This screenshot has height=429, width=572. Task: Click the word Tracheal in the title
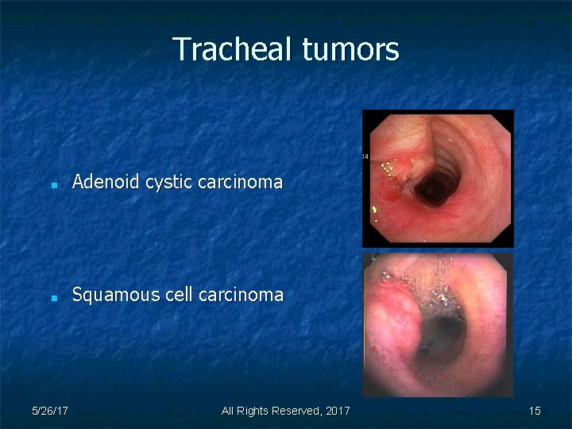click(x=234, y=49)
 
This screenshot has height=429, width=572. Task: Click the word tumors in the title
click(x=351, y=49)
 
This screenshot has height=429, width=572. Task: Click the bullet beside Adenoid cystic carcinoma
click(x=52, y=184)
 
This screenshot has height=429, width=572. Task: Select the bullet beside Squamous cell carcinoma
click(x=52, y=297)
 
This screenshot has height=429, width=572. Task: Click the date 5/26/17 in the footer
click(x=49, y=411)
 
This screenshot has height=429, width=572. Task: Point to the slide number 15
click(x=535, y=411)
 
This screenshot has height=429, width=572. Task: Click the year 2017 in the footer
click(x=338, y=411)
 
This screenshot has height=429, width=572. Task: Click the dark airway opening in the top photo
click(x=434, y=188)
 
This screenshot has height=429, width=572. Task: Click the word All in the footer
click(x=228, y=411)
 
